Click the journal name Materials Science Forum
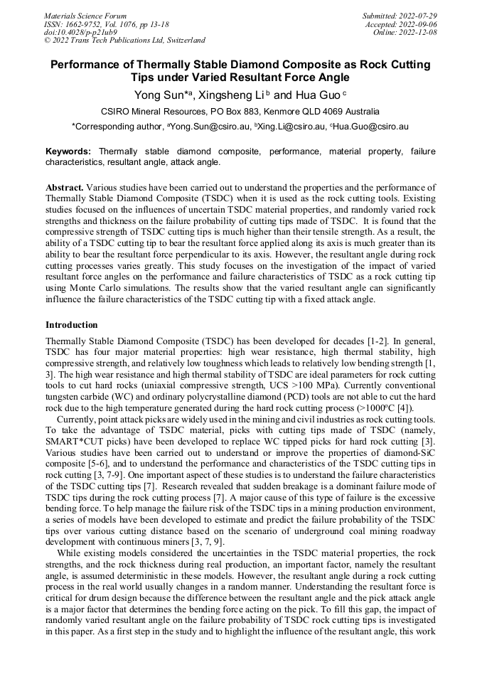coord(85,15)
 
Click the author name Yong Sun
coord(159,95)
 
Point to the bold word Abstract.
coord(64,187)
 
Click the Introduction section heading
coord(72,325)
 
